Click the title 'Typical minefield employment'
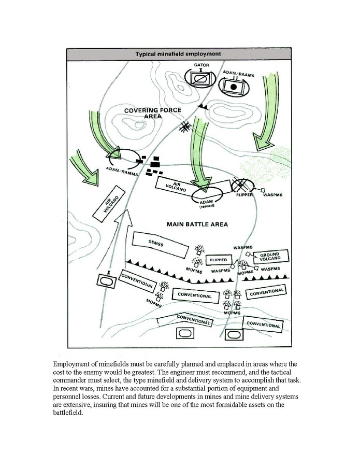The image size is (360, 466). click(x=178, y=53)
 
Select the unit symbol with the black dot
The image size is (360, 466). click(x=234, y=87)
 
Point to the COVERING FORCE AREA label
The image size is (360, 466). click(x=143, y=114)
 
